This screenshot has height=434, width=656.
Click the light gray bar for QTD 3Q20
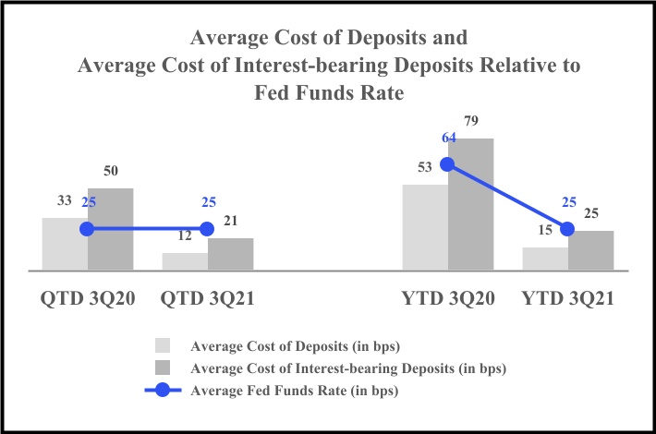click(65, 244)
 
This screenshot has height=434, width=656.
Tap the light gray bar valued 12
click(185, 261)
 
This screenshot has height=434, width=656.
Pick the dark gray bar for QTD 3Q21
click(231, 254)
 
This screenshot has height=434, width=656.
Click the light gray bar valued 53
click(425, 227)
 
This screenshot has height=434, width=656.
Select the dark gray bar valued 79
click(471, 204)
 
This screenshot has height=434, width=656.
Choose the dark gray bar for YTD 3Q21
click(591, 250)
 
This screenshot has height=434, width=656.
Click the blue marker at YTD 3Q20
click(448, 164)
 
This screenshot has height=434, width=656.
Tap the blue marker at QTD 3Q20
click(88, 229)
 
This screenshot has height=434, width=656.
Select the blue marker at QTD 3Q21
click(207, 229)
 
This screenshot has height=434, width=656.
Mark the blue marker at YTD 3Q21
click(568, 229)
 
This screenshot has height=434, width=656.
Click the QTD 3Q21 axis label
click(207, 300)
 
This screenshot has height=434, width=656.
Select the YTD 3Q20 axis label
click(448, 300)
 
